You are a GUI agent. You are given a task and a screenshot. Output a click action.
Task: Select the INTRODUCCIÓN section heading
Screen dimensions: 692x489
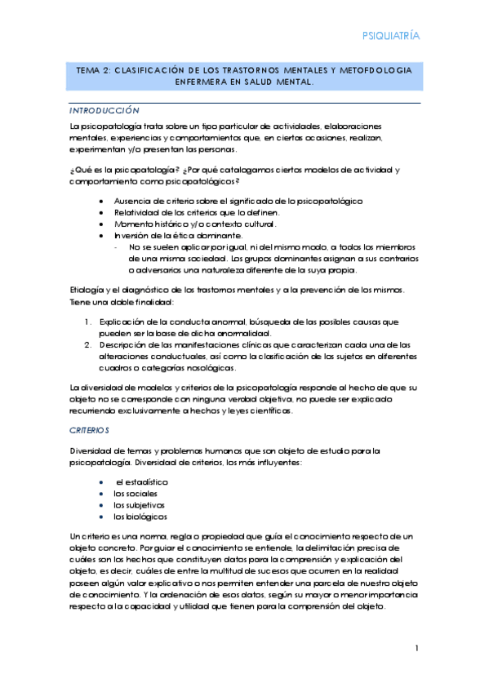(x=105, y=110)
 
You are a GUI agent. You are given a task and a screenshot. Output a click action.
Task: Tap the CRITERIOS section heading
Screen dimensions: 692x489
(x=90, y=429)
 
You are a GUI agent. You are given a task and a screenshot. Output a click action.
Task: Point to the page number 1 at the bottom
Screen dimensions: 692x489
(x=416, y=649)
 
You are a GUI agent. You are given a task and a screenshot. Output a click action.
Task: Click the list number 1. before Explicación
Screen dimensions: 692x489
(x=89, y=322)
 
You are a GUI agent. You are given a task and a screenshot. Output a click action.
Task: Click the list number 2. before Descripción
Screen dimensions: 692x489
(x=89, y=345)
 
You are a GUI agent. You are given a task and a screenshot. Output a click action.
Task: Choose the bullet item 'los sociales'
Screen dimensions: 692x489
(x=136, y=494)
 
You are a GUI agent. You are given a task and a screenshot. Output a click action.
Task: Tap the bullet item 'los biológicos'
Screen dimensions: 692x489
(x=140, y=517)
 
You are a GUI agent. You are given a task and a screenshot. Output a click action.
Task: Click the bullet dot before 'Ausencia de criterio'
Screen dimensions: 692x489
(x=100, y=200)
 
